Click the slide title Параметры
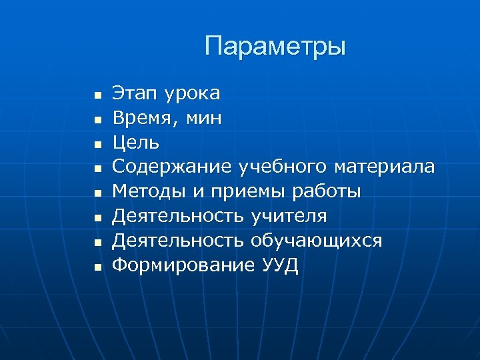pos(275,47)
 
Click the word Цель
pos(135,142)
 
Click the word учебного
pos(284,167)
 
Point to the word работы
pos(326,192)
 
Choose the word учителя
pos(289,216)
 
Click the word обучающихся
pos(316,241)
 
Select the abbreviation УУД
pos(281,265)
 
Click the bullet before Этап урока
pos(97,96)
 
